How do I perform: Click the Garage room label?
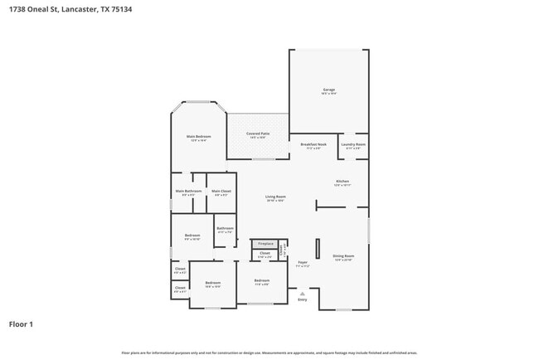[328, 90]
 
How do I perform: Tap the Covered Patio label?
[257, 134]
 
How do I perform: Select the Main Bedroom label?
[198, 137]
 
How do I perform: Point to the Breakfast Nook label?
[313, 144]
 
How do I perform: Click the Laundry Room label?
[354, 144]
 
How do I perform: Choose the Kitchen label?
[342, 181]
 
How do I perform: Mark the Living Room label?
[274, 197]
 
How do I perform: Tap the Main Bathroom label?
[187, 192]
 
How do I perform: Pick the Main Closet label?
[221, 192]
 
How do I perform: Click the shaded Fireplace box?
[265, 243]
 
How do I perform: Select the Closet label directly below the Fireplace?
[265, 254]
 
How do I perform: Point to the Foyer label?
[303, 263]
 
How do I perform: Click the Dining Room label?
[342, 256]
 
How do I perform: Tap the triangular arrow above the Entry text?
[302, 293]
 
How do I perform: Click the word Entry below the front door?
[302, 299]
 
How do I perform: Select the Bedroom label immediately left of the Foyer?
[262, 281]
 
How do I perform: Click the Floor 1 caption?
[22, 324]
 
